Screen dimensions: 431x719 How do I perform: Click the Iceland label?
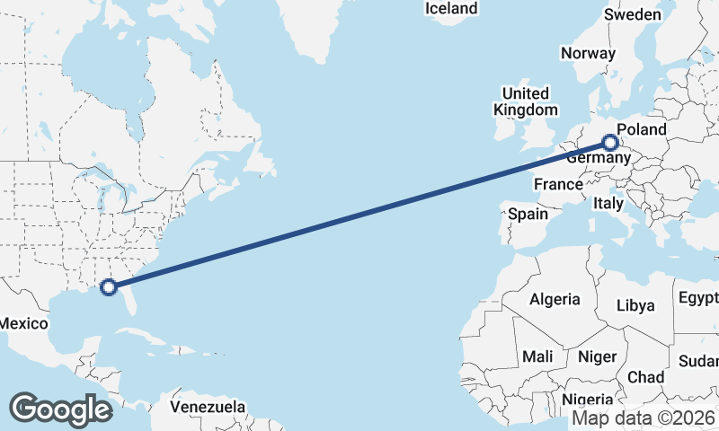coord(451,9)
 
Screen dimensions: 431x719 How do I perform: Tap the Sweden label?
coord(633,14)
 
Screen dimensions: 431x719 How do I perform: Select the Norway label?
coord(588,53)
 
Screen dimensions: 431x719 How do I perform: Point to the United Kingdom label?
coord(526,101)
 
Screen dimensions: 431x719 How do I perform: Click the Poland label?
coord(642,128)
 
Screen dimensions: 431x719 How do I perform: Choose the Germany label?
coord(595,158)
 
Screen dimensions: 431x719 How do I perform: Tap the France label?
coord(558,184)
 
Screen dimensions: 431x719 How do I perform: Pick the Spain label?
coord(528,214)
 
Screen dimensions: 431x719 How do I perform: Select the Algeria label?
coord(555,299)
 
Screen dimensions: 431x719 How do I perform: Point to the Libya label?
coord(635,305)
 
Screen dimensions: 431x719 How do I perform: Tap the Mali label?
coord(537,356)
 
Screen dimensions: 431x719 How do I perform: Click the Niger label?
coord(597,356)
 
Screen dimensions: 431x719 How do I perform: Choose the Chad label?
coord(646,377)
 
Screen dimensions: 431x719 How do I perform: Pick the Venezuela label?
coord(208,407)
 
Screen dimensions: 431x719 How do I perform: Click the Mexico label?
coord(24,323)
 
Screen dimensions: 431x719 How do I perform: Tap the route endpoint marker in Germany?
coord(610,142)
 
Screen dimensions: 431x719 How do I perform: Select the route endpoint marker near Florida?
coord(109,287)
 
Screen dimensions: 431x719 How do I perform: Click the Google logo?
coord(60,409)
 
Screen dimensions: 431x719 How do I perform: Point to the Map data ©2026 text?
coord(644,418)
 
